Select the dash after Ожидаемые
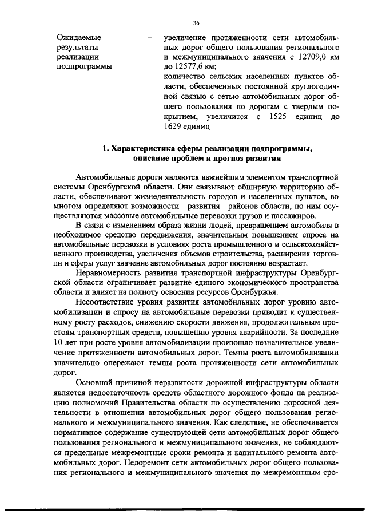(150, 38)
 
